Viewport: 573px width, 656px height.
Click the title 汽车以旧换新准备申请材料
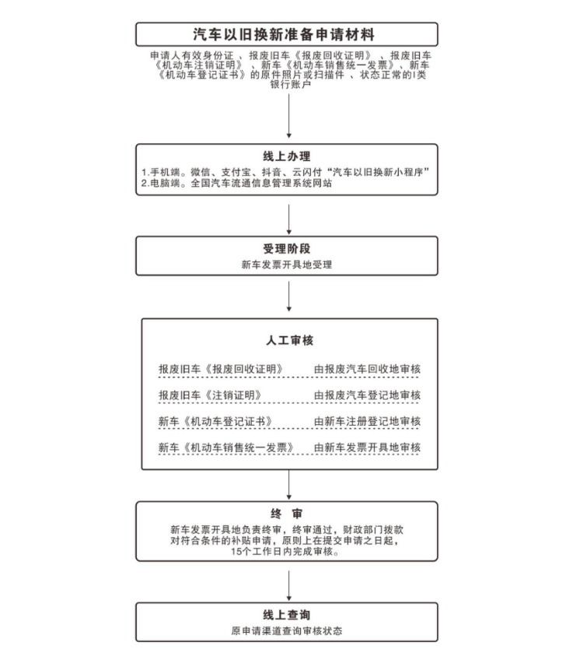coord(286,35)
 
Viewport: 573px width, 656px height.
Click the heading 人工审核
coord(288,341)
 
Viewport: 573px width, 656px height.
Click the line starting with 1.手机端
coord(286,171)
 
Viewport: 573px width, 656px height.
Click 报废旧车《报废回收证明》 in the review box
coord(220,369)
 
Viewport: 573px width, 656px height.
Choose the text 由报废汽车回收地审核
coord(367,369)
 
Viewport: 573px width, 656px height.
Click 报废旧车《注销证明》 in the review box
coord(209,395)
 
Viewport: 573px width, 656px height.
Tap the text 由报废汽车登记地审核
coord(367,395)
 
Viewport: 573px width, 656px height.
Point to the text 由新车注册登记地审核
coord(367,422)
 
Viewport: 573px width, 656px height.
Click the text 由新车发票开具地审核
coord(367,447)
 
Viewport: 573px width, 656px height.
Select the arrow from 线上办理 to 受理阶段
coord(288,220)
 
